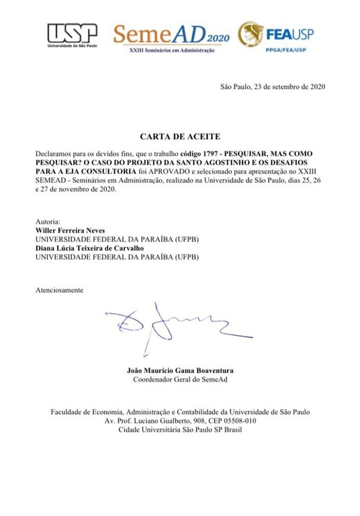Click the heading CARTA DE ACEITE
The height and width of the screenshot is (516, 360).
click(x=179, y=136)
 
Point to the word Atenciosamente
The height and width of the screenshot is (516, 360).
click(x=59, y=290)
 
